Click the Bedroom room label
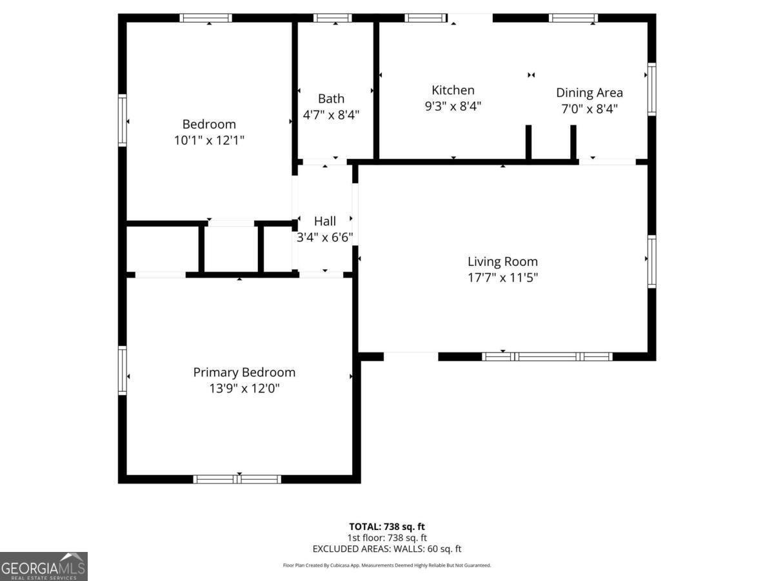coord(209,124)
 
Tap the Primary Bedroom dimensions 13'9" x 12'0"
coord(244,389)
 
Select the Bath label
coord(331,99)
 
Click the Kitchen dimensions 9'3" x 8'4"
coord(453,106)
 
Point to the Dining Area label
coord(590,93)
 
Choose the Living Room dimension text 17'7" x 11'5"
coord(502,278)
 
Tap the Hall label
coord(325,221)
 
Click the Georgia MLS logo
coord(44,566)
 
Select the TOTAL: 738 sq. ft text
coord(387,526)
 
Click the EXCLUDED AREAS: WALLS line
coord(387,549)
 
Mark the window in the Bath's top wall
coord(333,18)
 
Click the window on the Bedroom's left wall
coord(122,120)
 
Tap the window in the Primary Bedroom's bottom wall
coord(237,479)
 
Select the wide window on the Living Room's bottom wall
coord(547,356)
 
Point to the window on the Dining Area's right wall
coord(651,89)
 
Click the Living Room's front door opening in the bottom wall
coord(411,356)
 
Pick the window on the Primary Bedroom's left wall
coord(122,370)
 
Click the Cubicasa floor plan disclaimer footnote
coord(387,566)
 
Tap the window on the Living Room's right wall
coord(651,261)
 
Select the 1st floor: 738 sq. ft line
coord(387,538)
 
